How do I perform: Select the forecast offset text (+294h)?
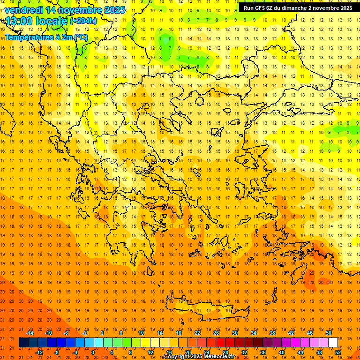click(83, 21)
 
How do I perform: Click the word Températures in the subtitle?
click(29, 37)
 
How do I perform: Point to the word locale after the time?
click(52, 21)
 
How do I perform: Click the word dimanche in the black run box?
click(293, 8)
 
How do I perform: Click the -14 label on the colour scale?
click(30, 333)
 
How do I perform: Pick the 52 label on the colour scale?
click(338, 352)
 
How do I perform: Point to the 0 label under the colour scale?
click(93, 352)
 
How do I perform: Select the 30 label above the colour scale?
click(234, 333)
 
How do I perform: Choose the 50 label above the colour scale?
click(328, 333)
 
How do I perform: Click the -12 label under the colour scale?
click(39, 352)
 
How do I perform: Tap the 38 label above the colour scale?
click(272, 333)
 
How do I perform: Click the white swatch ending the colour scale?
click(333, 342)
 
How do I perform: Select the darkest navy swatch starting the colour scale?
click(23, 342)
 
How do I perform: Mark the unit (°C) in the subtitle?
click(81, 37)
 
